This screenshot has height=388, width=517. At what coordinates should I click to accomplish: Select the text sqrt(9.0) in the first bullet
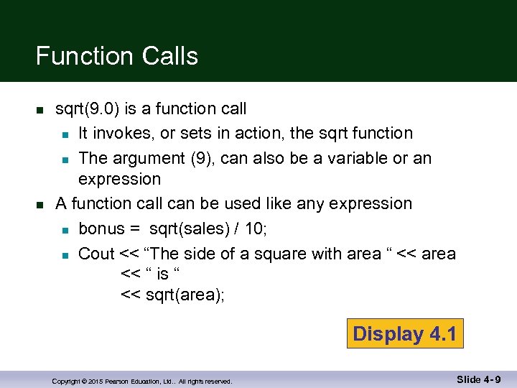pyautogui.click(x=87, y=108)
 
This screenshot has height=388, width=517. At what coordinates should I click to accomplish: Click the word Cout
pyautogui.click(x=96, y=254)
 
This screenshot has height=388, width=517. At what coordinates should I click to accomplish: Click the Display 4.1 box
pyautogui.click(x=405, y=333)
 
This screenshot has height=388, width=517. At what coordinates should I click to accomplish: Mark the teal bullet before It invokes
pyautogui.click(x=65, y=134)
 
